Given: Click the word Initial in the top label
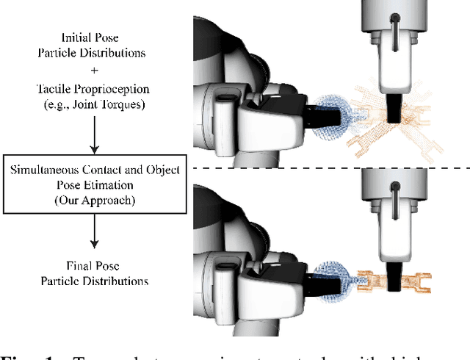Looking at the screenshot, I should (x=76, y=37).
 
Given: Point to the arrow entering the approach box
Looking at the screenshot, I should (x=93, y=136).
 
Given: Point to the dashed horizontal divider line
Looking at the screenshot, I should (x=330, y=168).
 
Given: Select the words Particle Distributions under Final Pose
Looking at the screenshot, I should (x=93, y=281).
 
